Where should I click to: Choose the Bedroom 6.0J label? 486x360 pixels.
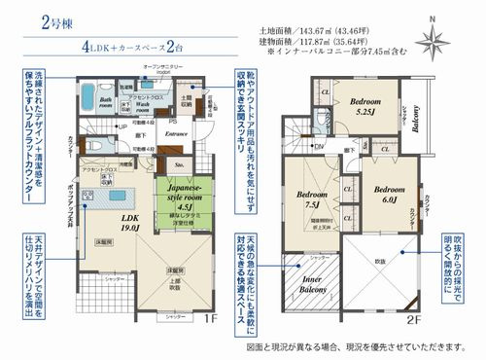point(389,195)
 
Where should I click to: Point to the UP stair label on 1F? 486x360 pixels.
point(121,127)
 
